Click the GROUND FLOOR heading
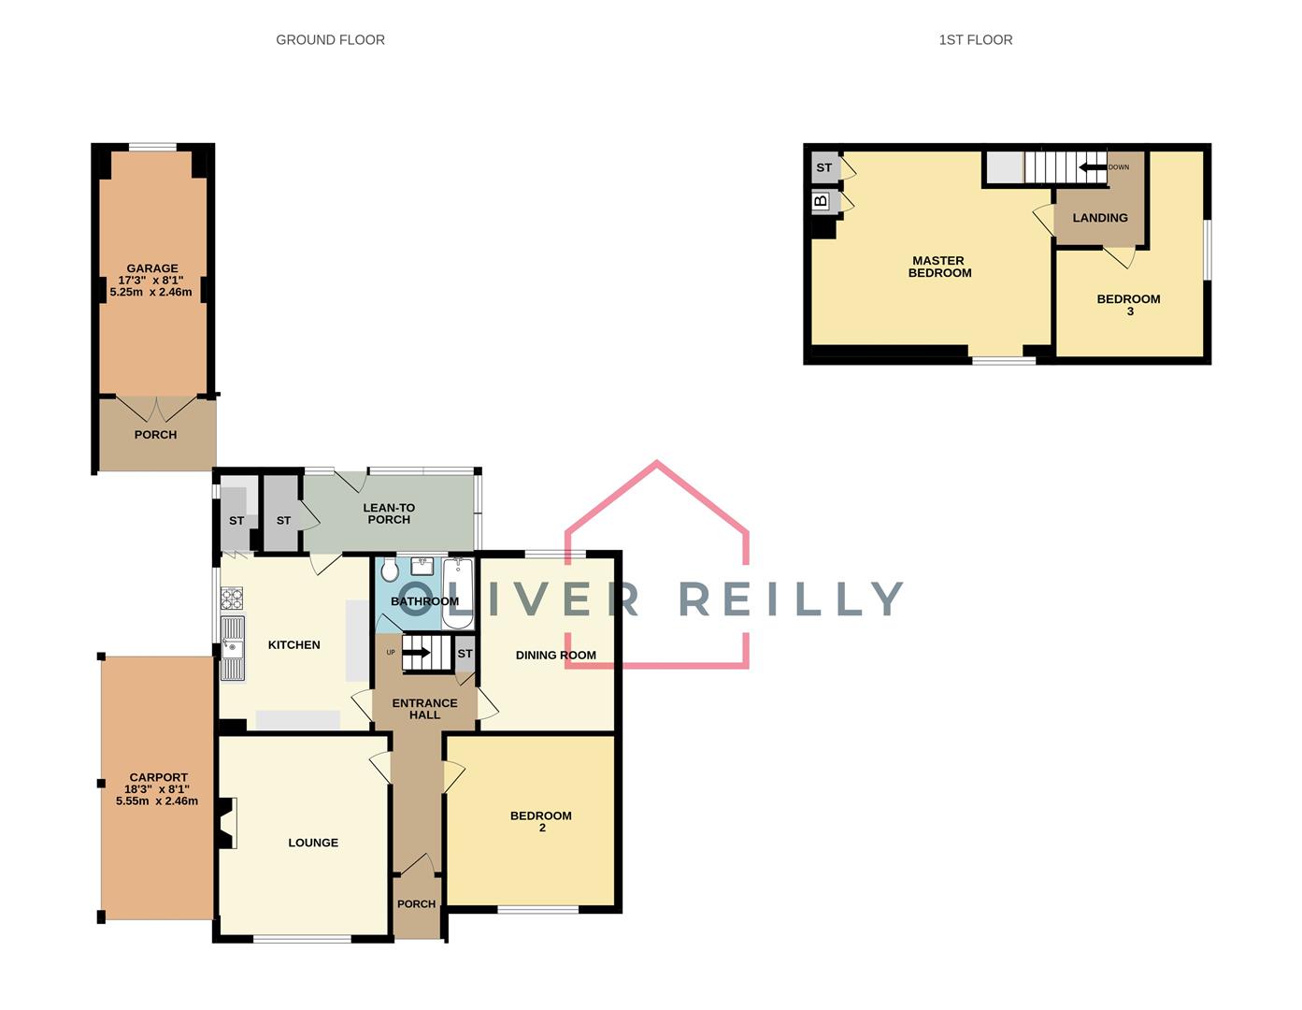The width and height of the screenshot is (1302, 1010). click(330, 39)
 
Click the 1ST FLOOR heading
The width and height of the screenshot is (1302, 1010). click(975, 39)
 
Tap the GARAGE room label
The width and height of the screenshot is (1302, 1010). click(152, 268)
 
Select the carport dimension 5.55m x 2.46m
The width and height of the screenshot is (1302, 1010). click(157, 801)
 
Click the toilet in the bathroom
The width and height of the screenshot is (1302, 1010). click(390, 570)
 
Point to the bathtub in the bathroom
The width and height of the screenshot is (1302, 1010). click(458, 593)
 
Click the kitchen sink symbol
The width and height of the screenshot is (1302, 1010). click(232, 647)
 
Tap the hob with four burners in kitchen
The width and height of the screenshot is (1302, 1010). click(232, 599)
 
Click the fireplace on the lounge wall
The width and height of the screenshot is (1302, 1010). click(225, 823)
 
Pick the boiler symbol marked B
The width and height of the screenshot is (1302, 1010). click(822, 201)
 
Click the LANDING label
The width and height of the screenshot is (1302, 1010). click(1099, 218)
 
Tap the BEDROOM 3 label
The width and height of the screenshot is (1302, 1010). click(1128, 305)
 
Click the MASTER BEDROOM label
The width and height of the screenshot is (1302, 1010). click(939, 267)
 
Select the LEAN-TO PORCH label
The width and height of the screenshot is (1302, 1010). click(389, 513)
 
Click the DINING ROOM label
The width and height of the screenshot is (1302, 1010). click(555, 655)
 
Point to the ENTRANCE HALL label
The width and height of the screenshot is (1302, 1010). click(424, 709)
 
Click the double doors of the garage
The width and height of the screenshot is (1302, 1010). click(156, 409)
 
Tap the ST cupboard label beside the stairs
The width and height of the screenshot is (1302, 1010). click(465, 654)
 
